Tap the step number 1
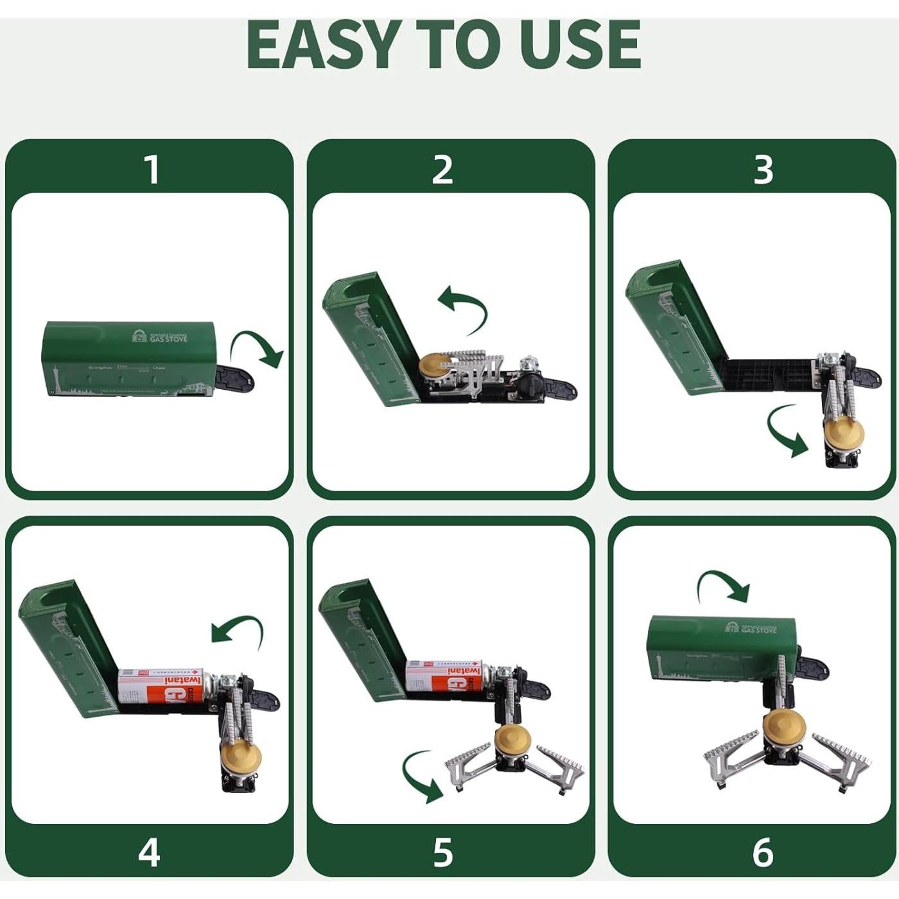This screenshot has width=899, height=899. [152, 170]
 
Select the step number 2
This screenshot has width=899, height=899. [442, 170]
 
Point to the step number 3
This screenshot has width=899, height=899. [763, 170]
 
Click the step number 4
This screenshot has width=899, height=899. [149, 852]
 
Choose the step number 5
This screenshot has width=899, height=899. [442, 852]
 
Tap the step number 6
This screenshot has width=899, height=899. [763, 852]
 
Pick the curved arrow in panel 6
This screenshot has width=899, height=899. [724, 584]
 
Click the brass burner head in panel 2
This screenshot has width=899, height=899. [434, 365]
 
